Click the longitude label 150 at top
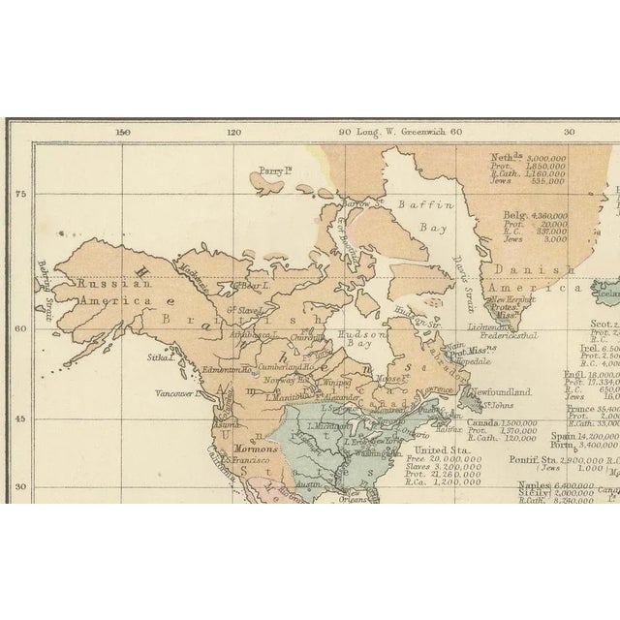(123, 133)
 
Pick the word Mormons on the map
(256, 449)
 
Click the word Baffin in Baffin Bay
(419, 204)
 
